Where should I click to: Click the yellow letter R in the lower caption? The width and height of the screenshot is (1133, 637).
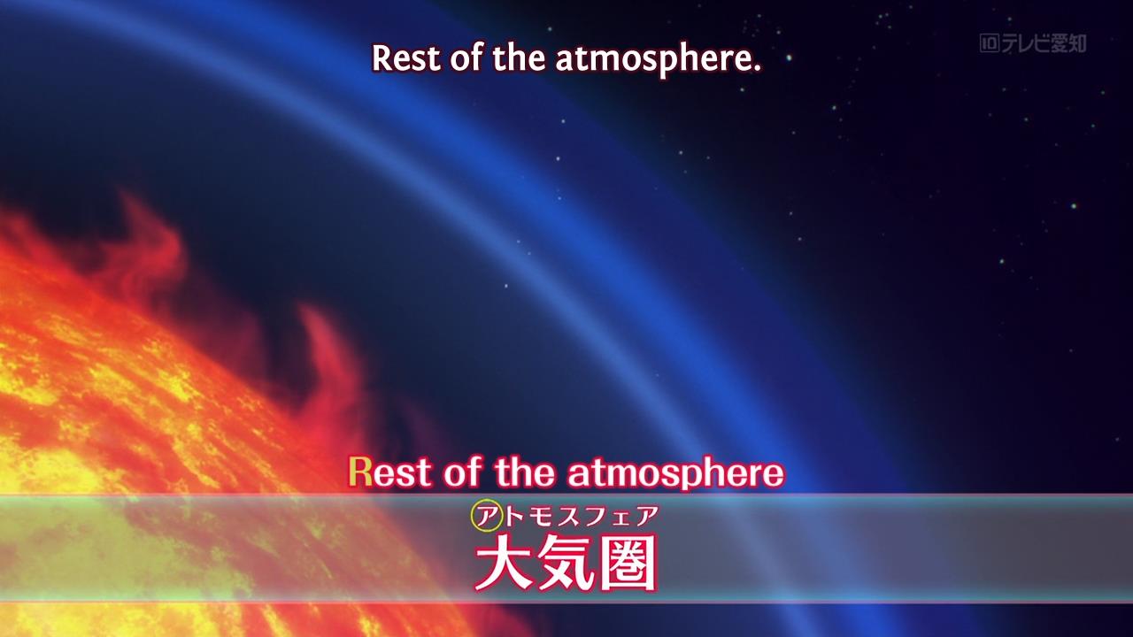[360, 472]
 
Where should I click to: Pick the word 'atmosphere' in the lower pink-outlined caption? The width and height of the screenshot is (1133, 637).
[675, 473]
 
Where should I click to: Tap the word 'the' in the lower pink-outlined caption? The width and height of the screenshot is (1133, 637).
[525, 472]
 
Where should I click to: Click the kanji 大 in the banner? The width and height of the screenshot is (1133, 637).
[504, 563]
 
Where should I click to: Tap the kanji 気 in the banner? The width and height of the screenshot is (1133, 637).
[566, 563]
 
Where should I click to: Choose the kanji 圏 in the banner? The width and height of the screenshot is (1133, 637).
[628, 563]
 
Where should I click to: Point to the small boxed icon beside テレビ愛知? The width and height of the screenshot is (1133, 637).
[990, 43]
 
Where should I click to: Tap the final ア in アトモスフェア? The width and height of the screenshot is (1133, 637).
[645, 517]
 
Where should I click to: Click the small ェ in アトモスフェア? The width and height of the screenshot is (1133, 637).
[620, 519]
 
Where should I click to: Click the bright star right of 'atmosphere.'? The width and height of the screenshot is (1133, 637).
[789, 58]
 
